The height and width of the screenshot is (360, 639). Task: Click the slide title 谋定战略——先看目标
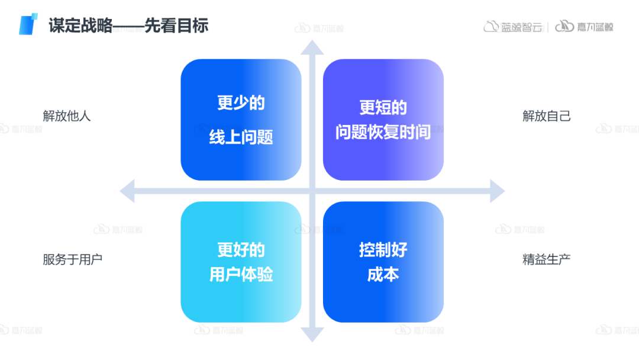pyautogui.click(x=128, y=25)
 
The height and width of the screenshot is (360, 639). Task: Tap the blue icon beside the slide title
pyautogui.click(x=28, y=24)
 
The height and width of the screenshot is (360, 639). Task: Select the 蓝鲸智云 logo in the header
pyautogui.click(x=513, y=27)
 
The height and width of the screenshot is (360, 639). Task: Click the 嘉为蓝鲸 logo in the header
pyautogui.click(x=584, y=27)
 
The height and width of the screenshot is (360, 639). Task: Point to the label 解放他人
pyautogui.click(x=67, y=115)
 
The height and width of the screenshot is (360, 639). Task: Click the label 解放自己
pyautogui.click(x=547, y=115)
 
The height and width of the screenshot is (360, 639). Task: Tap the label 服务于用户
pyautogui.click(x=73, y=259)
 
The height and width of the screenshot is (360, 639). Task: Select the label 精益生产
pyautogui.click(x=547, y=259)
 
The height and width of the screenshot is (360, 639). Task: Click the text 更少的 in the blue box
pyautogui.click(x=241, y=103)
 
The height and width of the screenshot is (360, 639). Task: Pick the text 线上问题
pyautogui.click(x=241, y=137)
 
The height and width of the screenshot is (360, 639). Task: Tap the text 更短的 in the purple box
pyautogui.click(x=383, y=108)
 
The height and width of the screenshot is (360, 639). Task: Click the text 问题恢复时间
pyautogui.click(x=383, y=132)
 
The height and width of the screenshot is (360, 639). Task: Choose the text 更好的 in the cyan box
pyautogui.click(x=241, y=250)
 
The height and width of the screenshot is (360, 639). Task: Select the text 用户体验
pyautogui.click(x=241, y=275)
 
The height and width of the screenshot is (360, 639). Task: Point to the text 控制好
pyautogui.click(x=383, y=250)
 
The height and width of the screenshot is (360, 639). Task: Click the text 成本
pyautogui.click(x=383, y=275)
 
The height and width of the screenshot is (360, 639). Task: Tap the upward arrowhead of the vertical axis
pyautogui.click(x=312, y=47)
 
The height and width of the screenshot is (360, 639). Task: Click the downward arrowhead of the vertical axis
pyautogui.click(x=312, y=335)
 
